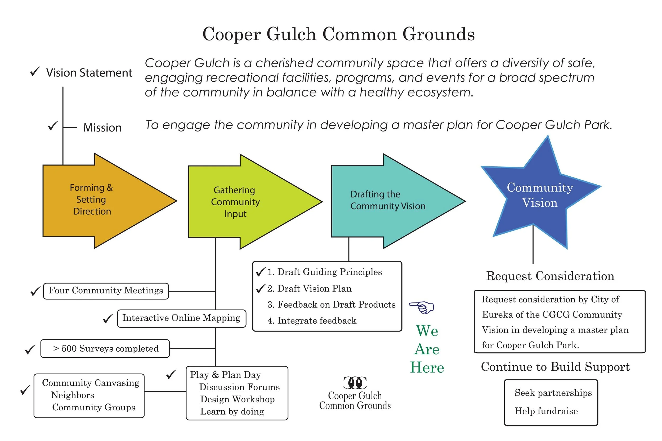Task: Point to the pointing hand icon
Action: pos(421,307)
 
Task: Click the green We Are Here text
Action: pos(427,349)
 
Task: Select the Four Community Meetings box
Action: pos(106,291)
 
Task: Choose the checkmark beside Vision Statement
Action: pos(35,72)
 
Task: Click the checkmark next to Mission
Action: pos(53,126)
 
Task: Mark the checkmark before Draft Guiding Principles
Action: pos(260,272)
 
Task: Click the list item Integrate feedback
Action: pos(312,321)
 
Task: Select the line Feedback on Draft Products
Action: pos(332,304)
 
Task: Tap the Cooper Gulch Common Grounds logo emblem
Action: pos(355,383)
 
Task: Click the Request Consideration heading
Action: pos(550,276)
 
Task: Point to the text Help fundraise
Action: pos(546,411)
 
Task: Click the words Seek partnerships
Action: pos(553,393)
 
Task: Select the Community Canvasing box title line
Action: pos(91,383)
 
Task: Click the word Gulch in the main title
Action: pos(291,34)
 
